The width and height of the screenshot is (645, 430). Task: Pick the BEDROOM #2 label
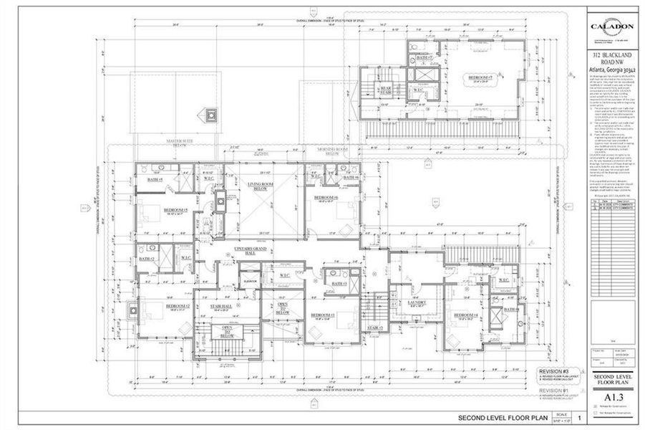pos(177,305)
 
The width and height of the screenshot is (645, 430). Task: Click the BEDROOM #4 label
pos(465,315)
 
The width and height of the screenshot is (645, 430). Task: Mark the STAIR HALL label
pos(220,306)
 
